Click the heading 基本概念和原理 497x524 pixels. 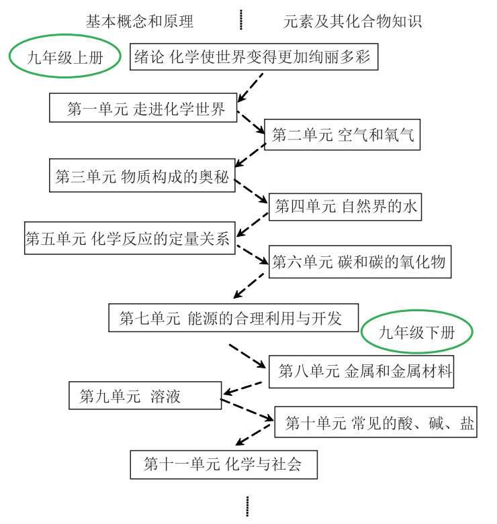coord(139,21)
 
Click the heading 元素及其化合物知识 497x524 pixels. coord(352,21)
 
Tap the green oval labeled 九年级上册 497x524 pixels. coord(64,58)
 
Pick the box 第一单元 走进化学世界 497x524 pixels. coord(143,108)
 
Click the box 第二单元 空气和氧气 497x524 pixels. coord(343,135)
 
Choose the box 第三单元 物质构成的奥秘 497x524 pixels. coord(142,176)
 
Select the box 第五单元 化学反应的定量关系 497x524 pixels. coord(129,238)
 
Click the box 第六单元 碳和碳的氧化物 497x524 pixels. coord(359,262)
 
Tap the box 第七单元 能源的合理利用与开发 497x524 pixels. coord(233,317)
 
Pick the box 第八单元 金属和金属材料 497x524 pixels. coord(361,371)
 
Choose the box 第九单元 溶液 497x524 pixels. coord(145,395)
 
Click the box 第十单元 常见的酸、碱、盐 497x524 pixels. coord(375,423)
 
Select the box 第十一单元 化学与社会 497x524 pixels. coord(224,464)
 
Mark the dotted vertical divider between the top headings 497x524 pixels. coord(241,20)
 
